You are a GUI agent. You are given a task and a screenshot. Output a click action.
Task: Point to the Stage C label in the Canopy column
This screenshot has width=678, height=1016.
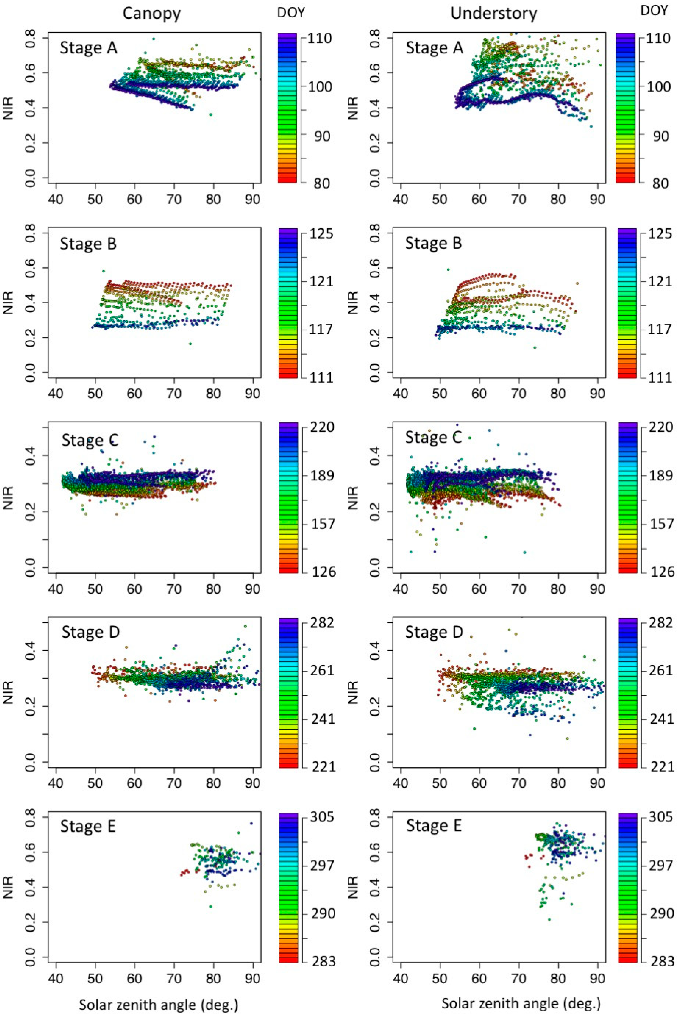(x=90, y=440)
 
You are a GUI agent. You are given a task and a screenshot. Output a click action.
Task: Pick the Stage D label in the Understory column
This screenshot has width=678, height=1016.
(x=434, y=632)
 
